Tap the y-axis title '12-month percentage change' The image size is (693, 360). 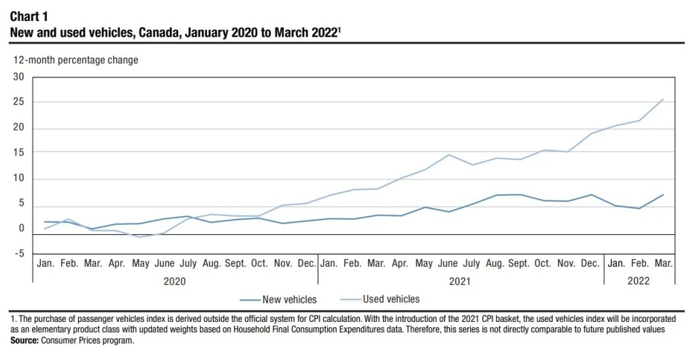[75, 60]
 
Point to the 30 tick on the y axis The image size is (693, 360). [18, 77]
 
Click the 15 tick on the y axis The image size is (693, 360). [18, 153]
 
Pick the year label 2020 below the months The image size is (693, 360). [174, 280]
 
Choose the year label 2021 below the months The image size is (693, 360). [460, 280]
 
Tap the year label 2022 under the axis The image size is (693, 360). [639, 280]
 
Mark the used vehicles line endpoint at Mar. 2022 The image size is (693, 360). [663, 99]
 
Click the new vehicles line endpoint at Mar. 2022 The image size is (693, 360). [663, 195]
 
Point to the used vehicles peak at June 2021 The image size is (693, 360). [448, 154]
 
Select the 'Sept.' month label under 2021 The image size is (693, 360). [520, 263]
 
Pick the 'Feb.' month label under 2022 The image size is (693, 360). [639, 263]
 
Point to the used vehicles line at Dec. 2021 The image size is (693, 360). [592, 133]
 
